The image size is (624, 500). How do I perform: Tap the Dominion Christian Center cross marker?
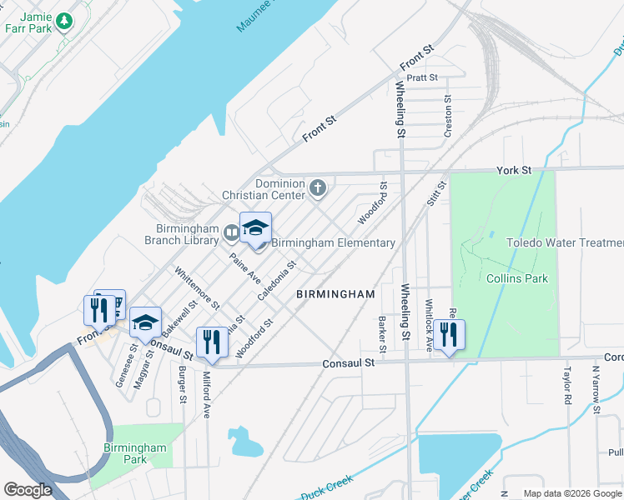pyautogui.click(x=317, y=188)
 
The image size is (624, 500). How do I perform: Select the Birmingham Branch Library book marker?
pyautogui.click(x=231, y=233)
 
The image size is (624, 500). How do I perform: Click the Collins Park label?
pyautogui.click(x=517, y=278)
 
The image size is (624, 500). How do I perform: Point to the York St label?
pyautogui.click(x=514, y=170)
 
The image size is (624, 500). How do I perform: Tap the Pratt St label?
pyautogui.click(x=423, y=77)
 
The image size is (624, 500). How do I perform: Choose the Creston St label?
pyautogui.click(x=447, y=116)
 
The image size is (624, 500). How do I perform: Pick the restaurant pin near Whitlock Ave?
pyautogui.click(x=449, y=334)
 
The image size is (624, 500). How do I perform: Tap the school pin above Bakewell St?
pyautogui.click(x=145, y=322)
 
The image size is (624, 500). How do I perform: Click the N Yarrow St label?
pyautogui.click(x=596, y=388)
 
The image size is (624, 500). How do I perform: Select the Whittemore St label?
pyautogui.click(x=197, y=288)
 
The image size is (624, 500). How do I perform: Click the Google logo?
pyautogui.click(x=27, y=490)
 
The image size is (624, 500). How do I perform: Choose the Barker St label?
pyautogui.click(x=381, y=333)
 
